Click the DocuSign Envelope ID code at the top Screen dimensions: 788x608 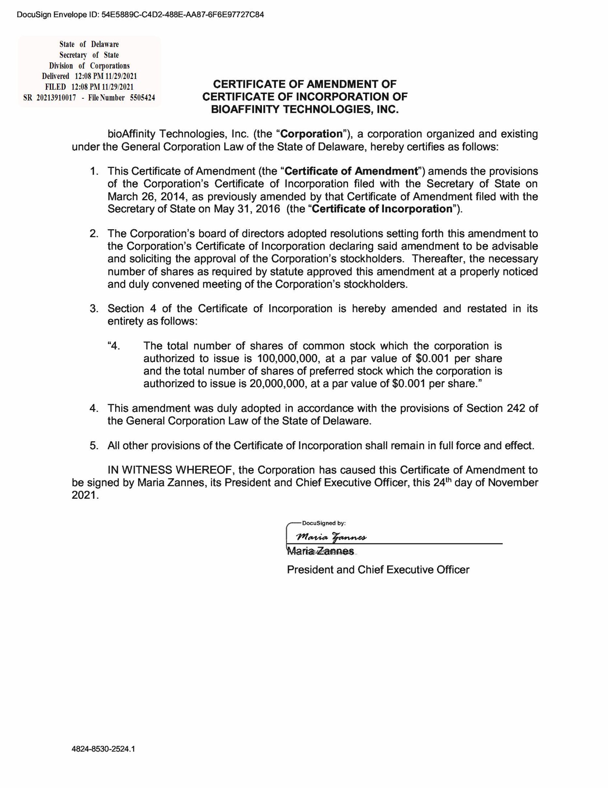point(183,15)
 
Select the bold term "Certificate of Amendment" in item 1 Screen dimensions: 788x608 point(351,171)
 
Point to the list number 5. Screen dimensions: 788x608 point(94,446)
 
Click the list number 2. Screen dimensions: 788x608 point(94,234)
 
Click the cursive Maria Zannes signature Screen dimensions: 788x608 point(331,537)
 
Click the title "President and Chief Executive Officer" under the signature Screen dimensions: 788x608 point(378,570)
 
